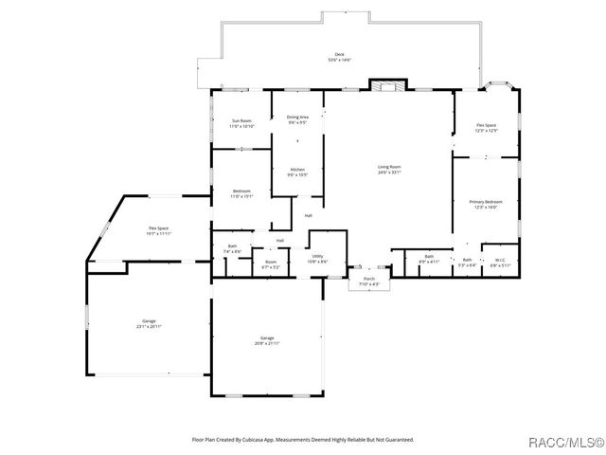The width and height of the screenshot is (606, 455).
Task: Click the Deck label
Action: click(x=339, y=57)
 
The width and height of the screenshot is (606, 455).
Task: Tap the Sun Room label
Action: click(x=241, y=123)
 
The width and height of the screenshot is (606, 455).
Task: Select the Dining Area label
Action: click(x=297, y=118)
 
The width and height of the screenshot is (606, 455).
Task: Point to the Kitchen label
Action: click(x=297, y=172)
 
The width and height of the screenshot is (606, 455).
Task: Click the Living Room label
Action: click(x=389, y=169)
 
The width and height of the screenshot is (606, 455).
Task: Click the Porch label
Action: click(x=369, y=282)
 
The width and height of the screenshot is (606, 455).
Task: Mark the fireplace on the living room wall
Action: click(x=386, y=85)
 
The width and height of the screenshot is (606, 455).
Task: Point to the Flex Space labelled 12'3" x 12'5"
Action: click(x=486, y=128)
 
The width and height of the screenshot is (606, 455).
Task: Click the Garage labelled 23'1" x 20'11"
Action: click(x=149, y=323)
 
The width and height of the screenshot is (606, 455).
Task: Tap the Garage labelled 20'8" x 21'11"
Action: click(x=267, y=340)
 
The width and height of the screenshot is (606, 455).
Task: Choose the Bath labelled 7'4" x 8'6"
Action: click(x=233, y=248)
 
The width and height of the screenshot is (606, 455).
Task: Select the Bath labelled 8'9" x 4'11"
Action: click(x=429, y=259)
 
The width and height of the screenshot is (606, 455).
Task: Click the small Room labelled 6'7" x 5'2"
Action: click(x=271, y=264)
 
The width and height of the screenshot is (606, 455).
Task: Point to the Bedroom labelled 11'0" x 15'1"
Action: click(x=241, y=193)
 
